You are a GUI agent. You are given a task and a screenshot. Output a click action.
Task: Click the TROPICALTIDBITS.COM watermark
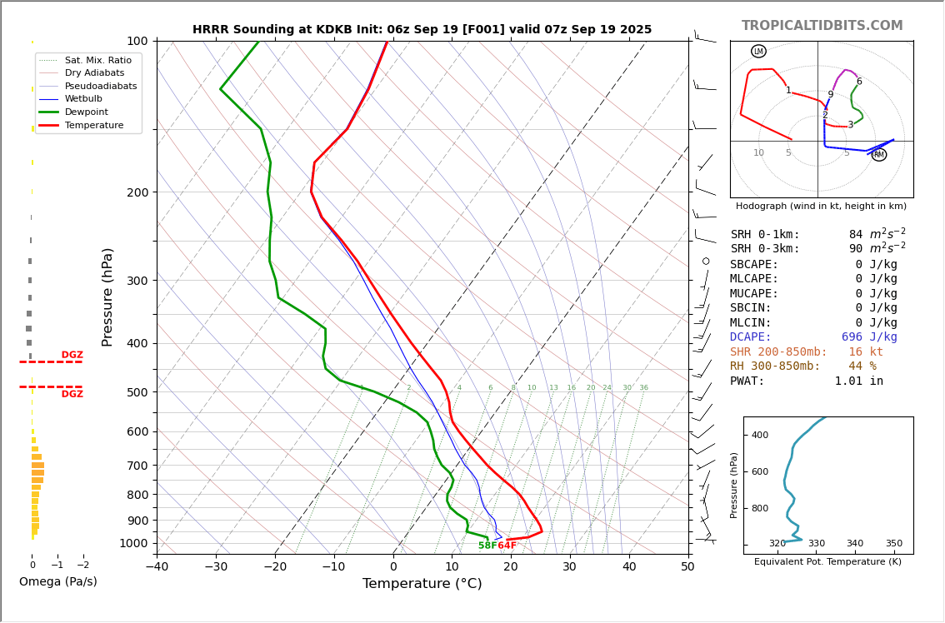click(822, 26)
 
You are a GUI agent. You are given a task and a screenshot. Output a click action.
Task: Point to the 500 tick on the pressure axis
click(137, 392)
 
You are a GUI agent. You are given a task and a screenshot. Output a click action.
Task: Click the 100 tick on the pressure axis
click(137, 41)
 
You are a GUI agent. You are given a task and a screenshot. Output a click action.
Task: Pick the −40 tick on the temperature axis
click(157, 567)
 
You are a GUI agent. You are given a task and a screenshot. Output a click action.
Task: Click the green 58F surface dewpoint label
click(487, 546)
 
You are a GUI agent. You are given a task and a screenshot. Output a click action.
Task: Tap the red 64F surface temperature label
click(507, 546)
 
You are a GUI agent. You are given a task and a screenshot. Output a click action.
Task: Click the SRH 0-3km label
click(765, 249)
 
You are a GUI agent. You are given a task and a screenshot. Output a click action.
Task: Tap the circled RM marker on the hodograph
click(879, 154)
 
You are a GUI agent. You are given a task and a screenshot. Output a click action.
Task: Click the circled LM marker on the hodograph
click(758, 52)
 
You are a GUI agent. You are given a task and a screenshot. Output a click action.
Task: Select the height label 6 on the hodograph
click(859, 82)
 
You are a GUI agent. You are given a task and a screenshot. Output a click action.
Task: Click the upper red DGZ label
click(72, 356)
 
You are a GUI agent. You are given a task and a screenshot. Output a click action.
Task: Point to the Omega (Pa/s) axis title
click(57, 582)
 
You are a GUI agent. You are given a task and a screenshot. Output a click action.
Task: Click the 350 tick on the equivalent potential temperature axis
click(893, 544)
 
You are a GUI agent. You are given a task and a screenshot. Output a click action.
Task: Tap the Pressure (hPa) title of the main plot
click(107, 297)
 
